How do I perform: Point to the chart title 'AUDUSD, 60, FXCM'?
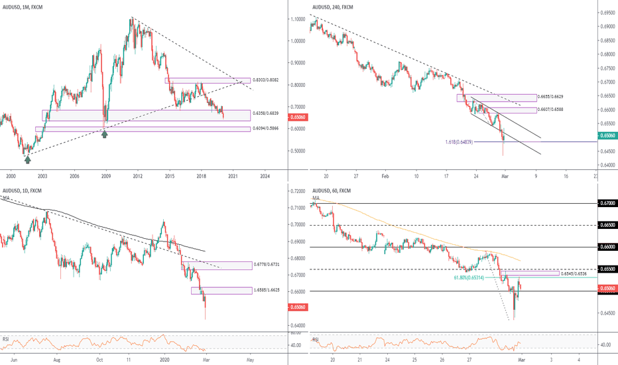pyautogui.click(x=331, y=190)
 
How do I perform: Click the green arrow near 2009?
pyautogui.click(x=104, y=133)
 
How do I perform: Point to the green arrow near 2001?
pyautogui.click(x=27, y=157)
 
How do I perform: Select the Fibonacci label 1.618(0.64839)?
pyautogui.click(x=466, y=142)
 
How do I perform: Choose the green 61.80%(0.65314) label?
pyautogui.click(x=474, y=278)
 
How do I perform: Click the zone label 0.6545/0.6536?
pyautogui.click(x=574, y=273)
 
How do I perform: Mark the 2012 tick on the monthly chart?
pyautogui.click(x=137, y=176)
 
